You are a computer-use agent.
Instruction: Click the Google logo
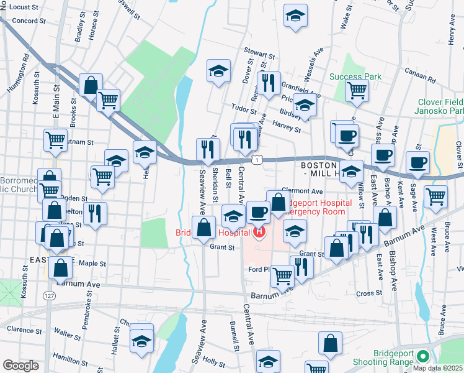point(20,366)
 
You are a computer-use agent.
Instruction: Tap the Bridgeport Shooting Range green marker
point(423,357)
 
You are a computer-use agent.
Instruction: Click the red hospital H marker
point(259,233)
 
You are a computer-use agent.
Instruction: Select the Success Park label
point(355,76)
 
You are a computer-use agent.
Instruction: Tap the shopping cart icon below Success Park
point(357,90)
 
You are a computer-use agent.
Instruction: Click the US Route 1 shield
point(264,160)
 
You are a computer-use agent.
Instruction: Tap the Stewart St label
point(260,55)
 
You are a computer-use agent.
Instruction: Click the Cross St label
point(368,293)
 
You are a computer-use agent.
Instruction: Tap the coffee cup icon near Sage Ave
point(417,163)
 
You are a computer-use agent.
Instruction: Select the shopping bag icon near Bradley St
point(91,85)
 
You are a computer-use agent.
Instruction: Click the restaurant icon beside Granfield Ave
point(268,84)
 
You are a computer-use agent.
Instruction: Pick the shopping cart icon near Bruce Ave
point(436,196)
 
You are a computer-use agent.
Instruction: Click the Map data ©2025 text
point(438,368)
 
